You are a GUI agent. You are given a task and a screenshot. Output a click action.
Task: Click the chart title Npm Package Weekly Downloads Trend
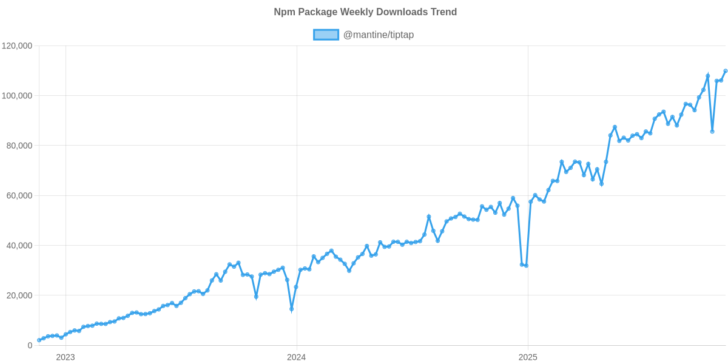coord(365,12)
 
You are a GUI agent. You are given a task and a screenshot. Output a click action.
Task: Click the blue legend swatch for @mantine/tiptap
coord(326,35)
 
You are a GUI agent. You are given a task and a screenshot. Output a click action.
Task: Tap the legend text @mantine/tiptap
coord(379,35)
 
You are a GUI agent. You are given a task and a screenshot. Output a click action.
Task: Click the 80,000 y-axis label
coord(19,146)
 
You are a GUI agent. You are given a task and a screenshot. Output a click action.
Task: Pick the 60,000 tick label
coord(19,196)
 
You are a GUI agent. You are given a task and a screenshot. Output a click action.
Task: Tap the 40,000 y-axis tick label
coord(19,246)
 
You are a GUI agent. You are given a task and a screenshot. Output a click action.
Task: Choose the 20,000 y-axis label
coord(19,295)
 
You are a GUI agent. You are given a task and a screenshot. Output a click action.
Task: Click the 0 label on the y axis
coord(30,345)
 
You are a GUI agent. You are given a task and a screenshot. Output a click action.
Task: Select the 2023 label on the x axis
coord(65,357)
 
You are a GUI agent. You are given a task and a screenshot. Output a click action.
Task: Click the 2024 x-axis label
coord(296,357)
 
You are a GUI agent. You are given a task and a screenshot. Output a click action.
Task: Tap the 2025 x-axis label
coord(528,357)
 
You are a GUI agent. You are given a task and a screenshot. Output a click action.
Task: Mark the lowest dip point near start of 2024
coord(292,310)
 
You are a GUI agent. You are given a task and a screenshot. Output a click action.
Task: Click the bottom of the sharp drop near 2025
coord(526,266)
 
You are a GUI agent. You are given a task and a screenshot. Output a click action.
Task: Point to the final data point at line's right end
coord(726,71)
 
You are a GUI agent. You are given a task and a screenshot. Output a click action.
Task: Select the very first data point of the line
coord(39,340)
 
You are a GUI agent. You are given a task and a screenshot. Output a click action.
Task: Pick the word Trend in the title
coord(445,12)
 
